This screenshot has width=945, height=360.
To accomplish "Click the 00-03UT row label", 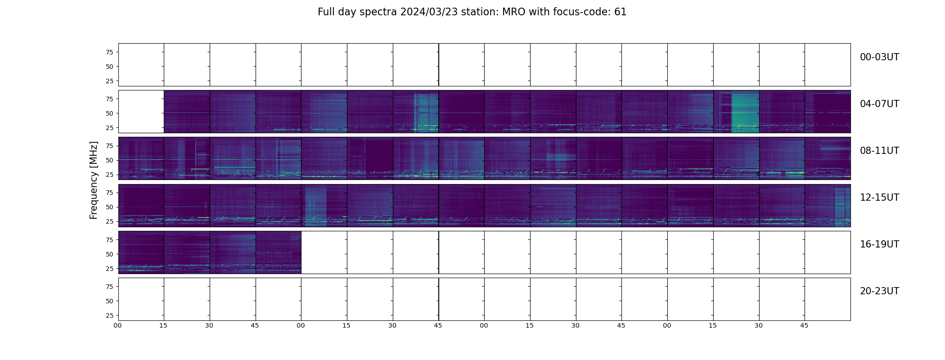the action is pyautogui.click(x=879, y=57).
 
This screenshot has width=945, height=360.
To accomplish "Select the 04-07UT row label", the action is pyautogui.click(x=879, y=104).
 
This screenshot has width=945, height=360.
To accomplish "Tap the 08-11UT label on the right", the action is pyautogui.click(x=879, y=151).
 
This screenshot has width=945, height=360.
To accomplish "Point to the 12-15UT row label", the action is pyautogui.click(x=879, y=198).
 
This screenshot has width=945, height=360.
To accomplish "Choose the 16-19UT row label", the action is pyautogui.click(x=879, y=244).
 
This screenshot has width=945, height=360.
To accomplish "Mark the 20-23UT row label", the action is pyautogui.click(x=879, y=291).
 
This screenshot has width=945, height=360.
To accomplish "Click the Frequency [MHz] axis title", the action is pyautogui.click(x=94, y=180).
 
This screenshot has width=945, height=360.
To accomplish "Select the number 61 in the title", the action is pyautogui.click(x=621, y=12).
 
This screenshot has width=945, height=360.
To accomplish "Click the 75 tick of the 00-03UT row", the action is pyautogui.click(x=109, y=52).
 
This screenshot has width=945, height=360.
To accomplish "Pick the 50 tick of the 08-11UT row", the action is pyautogui.click(x=109, y=160).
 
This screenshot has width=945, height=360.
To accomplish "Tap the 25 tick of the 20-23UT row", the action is pyautogui.click(x=109, y=315).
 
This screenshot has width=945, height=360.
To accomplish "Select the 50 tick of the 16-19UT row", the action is pyautogui.click(x=109, y=254).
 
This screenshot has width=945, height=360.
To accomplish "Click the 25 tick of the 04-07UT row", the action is pyautogui.click(x=109, y=128).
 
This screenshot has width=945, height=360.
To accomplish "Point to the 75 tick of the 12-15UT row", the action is pyautogui.click(x=109, y=193).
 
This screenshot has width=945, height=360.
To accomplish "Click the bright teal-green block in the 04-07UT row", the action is pyautogui.click(x=745, y=112).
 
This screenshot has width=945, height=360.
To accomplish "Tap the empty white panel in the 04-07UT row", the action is pyautogui.click(x=141, y=112).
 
